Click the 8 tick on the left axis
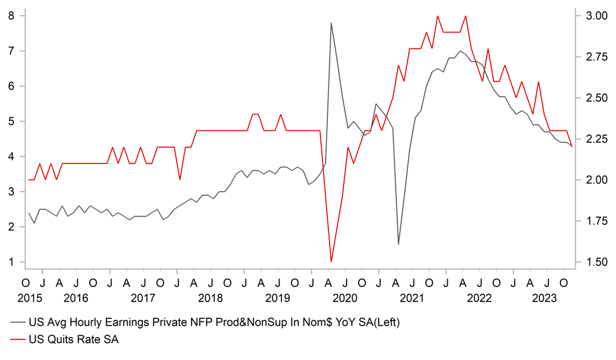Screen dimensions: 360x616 tap(11, 16)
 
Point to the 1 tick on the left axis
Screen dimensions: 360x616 tap(11, 262)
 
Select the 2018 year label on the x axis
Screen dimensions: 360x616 tap(210, 297)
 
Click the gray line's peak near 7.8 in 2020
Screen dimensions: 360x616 tap(331, 23)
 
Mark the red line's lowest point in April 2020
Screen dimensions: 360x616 tap(331, 261)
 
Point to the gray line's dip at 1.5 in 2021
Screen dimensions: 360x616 tap(398, 244)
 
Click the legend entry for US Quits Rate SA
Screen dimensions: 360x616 tap(74, 339)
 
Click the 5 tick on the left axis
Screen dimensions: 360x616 tap(11, 121)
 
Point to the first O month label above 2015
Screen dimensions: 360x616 tap(25, 283)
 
